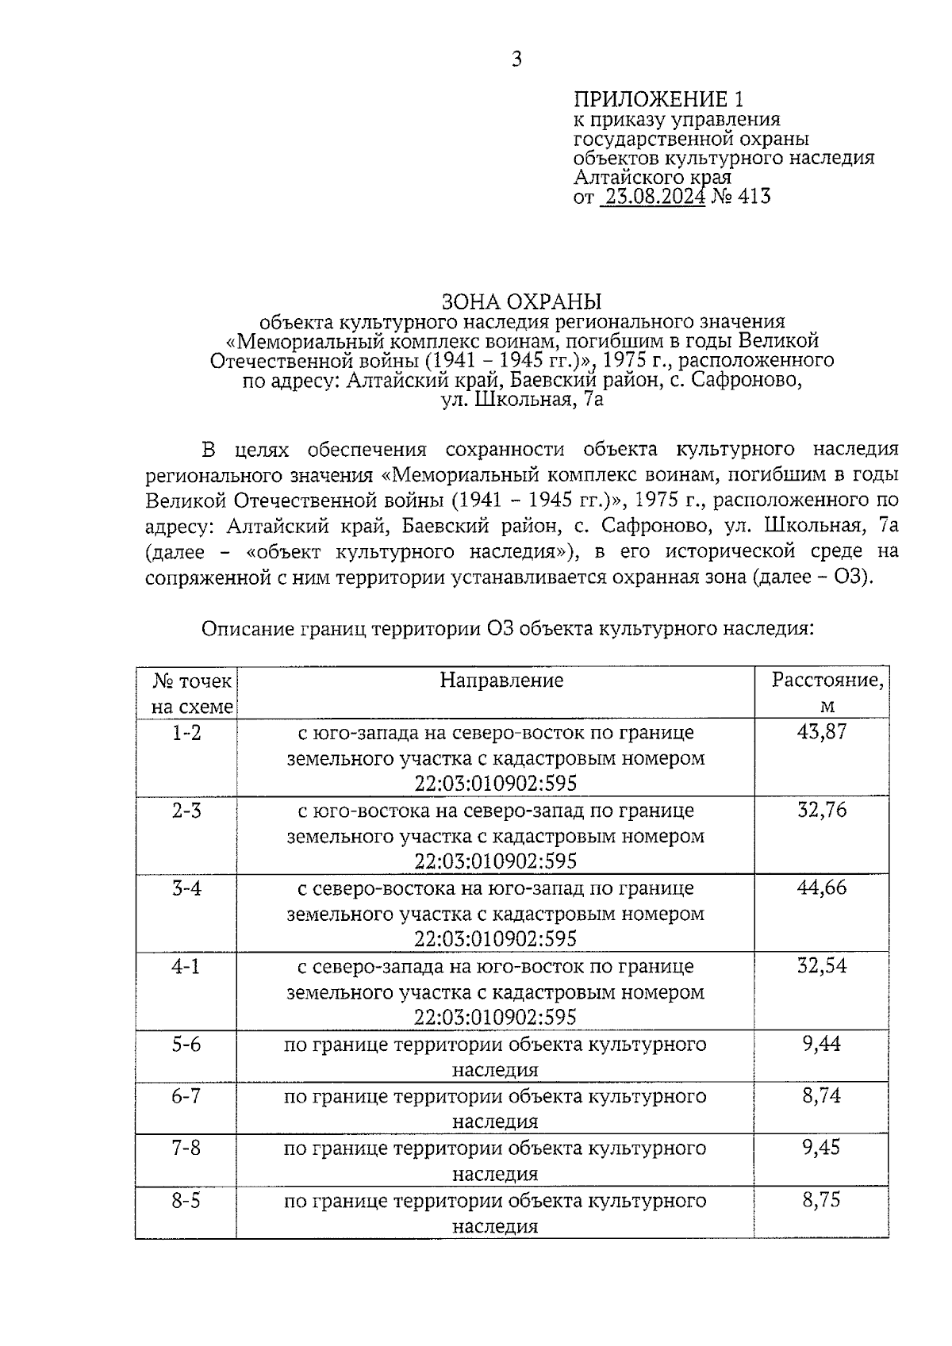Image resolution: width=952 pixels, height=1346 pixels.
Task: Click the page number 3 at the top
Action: pos(516,59)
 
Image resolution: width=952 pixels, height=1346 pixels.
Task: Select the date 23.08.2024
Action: pos(653,196)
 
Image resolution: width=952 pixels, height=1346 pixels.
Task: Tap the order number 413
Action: pos(754,196)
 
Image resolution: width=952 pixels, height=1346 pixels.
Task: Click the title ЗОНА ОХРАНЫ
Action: pos(521,301)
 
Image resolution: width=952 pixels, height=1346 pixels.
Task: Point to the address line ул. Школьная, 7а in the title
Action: pos(521,399)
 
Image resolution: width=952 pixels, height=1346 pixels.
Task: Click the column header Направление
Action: pos(501,680)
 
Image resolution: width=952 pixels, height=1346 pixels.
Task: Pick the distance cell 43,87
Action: pos(822,732)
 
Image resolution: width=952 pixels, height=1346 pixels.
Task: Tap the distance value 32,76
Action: pos(822,810)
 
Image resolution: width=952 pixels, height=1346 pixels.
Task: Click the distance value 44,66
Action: pos(822,888)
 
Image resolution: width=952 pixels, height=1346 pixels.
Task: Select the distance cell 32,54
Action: pos(822,966)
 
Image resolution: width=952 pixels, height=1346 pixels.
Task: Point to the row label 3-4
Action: pos(186,888)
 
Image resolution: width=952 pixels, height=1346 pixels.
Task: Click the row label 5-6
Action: pos(186,1044)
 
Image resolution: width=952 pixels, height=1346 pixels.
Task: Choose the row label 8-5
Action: pos(186,1200)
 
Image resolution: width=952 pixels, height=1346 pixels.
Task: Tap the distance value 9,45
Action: pos(821,1148)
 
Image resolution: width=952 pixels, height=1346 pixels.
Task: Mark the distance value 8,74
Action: pos(821,1096)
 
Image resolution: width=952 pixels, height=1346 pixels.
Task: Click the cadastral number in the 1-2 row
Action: pos(495,784)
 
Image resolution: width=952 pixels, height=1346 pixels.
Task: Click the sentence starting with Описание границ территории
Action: pos(508,629)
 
